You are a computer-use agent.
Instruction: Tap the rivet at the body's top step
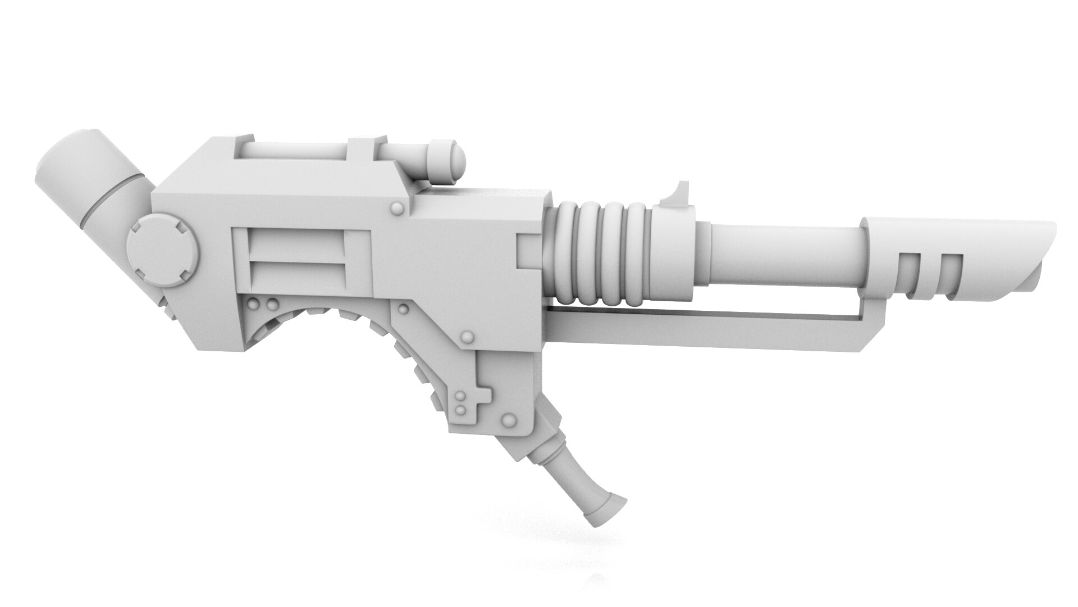pos(398,209)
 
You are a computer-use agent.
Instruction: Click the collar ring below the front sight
pos(674,253)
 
